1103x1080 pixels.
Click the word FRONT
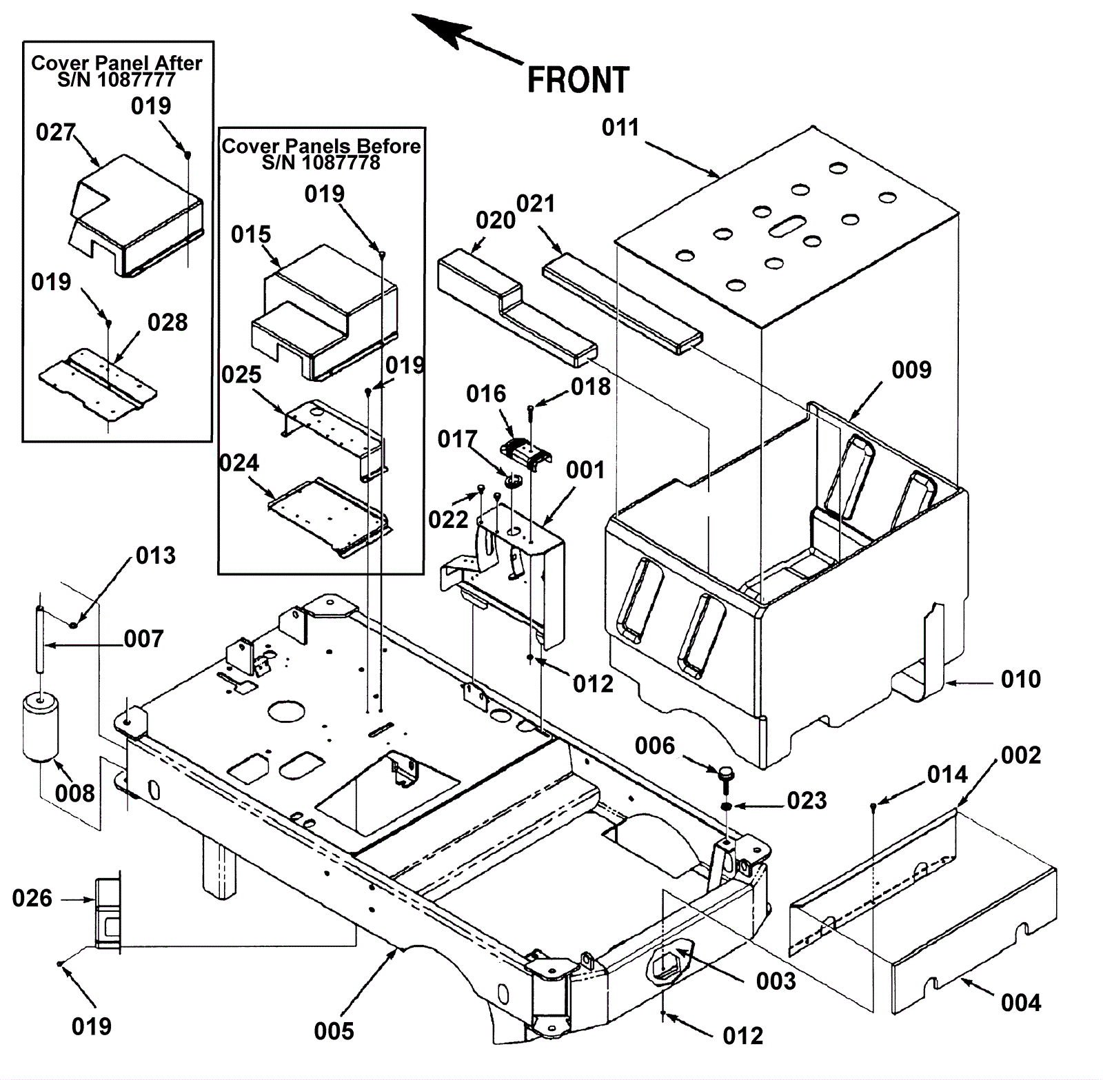[x=578, y=80]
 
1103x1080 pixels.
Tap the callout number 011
[x=620, y=128]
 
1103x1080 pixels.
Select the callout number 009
[x=911, y=370]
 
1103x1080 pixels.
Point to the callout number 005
[x=334, y=1031]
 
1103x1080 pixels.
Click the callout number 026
[x=32, y=898]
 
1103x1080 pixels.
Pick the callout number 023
[x=807, y=801]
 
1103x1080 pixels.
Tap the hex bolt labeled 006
[x=725, y=775]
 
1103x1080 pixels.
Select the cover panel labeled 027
[x=138, y=214]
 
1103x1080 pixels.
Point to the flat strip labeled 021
[x=620, y=303]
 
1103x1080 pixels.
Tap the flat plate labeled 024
[x=330, y=517]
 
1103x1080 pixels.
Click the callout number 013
[x=156, y=556]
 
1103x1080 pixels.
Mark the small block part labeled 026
[x=107, y=913]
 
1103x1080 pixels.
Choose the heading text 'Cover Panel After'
[x=117, y=63]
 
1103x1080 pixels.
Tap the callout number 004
[x=1020, y=1003]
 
